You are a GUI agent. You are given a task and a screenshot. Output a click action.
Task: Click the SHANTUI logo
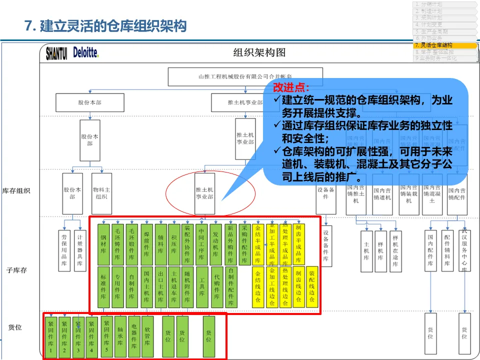coord(56,53)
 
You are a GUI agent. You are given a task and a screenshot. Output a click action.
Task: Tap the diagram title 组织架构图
coord(259,52)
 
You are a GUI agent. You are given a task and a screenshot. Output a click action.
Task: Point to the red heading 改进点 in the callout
coord(291,87)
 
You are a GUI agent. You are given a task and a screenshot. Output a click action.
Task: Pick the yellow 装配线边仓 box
coord(312,286)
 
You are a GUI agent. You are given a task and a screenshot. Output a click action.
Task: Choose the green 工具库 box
coord(201,286)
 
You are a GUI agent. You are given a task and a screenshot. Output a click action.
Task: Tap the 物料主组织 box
coord(101,193)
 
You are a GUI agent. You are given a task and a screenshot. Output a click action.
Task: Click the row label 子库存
coord(16,270)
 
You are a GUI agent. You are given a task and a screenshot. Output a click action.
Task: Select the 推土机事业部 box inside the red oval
coord(204,193)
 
